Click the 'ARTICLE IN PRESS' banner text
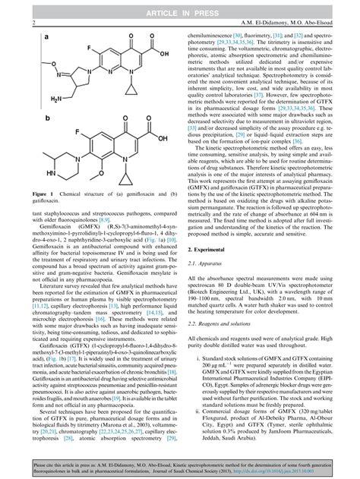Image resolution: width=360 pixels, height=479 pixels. click(x=180, y=8)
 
